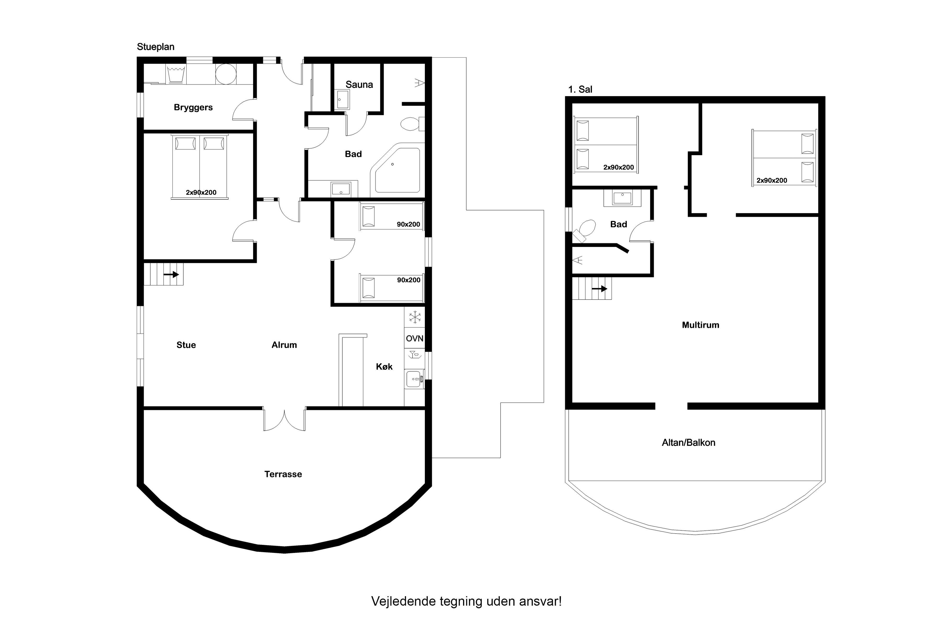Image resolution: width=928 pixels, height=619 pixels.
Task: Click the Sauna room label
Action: pyautogui.click(x=359, y=84)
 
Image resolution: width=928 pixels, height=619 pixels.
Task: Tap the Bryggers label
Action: pyautogui.click(x=193, y=107)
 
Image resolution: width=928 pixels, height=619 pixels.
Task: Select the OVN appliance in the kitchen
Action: pyautogui.click(x=415, y=338)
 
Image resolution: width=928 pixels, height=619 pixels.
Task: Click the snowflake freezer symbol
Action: pyautogui.click(x=415, y=317)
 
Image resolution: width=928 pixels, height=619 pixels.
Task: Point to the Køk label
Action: pyautogui.click(x=384, y=367)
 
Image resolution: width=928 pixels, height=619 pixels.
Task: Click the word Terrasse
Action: pyautogui.click(x=283, y=474)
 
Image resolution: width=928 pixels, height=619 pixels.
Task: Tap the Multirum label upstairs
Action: pyautogui.click(x=701, y=325)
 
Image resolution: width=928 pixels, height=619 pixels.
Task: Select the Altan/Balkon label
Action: pyautogui.click(x=689, y=443)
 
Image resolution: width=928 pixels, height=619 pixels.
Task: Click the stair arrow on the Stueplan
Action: pyautogui.click(x=171, y=274)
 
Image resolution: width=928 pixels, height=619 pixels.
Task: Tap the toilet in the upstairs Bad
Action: pyautogui.click(x=584, y=230)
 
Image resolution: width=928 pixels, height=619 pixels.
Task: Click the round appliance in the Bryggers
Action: pyautogui.click(x=226, y=74)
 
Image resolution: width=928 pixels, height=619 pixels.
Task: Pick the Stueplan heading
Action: pyautogui.click(x=156, y=47)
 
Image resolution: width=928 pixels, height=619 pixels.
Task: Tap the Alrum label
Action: pyautogui.click(x=284, y=345)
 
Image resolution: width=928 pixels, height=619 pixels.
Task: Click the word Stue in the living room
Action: pyautogui.click(x=186, y=345)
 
